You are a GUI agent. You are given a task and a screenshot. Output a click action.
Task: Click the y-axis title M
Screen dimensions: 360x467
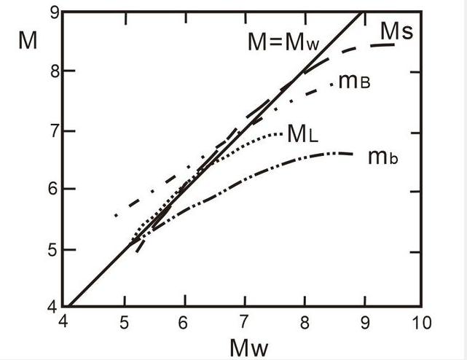point(28,39)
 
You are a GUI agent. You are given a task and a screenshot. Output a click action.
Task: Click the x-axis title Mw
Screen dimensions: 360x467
point(249,347)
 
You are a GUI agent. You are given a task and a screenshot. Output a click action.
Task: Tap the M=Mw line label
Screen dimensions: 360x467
point(283,42)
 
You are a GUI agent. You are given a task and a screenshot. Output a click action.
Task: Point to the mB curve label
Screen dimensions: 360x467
point(354,82)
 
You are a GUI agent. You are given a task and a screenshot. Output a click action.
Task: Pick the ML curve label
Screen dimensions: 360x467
point(302,133)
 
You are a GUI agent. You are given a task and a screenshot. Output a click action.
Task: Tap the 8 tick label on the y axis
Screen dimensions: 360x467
point(52,71)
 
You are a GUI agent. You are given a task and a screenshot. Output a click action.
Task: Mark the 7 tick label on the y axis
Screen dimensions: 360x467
point(52,132)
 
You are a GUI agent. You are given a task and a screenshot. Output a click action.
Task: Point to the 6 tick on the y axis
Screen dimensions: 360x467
point(52,190)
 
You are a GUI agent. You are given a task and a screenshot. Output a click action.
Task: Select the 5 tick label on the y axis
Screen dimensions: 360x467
point(52,250)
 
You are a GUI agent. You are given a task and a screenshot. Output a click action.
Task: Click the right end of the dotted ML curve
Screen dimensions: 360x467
point(281,133)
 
